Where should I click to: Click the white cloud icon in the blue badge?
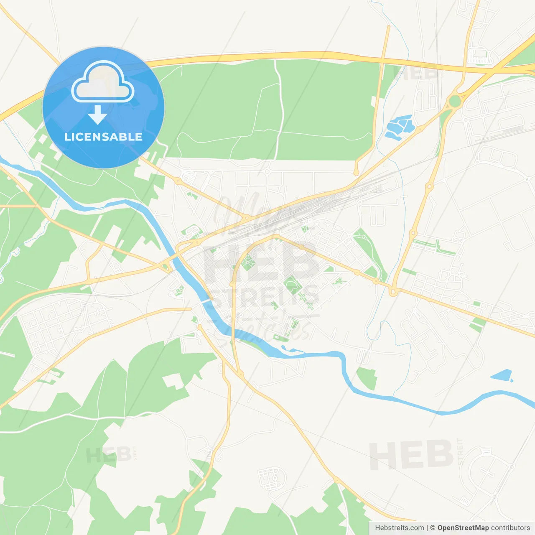[103, 82]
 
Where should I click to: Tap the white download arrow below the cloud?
[98, 115]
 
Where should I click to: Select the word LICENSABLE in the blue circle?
[103, 137]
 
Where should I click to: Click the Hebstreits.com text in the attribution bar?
[399, 528]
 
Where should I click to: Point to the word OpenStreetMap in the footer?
[463, 528]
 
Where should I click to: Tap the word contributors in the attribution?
[510, 528]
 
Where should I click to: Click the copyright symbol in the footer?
[433, 528]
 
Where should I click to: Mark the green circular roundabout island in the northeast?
[455, 101]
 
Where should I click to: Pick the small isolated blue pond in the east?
[502, 375]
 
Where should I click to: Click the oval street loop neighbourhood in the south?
[271, 479]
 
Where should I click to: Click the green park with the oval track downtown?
[293, 285]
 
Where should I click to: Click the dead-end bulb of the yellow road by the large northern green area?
[356, 172]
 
